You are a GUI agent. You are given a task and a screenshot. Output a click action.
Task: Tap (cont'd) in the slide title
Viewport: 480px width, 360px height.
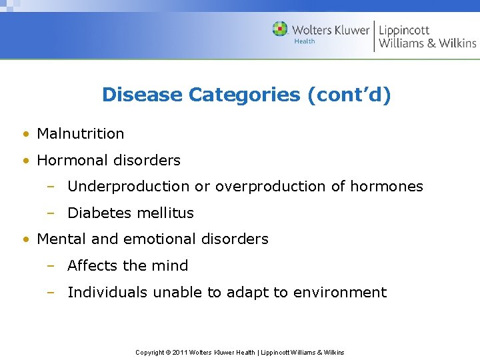click(x=349, y=95)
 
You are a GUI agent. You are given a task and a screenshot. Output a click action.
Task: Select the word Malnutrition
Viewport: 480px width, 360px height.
click(x=81, y=133)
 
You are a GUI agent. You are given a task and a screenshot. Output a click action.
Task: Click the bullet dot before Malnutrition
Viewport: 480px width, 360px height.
click(x=25, y=134)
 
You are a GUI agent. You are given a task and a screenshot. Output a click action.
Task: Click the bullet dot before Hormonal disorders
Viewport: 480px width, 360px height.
click(x=25, y=161)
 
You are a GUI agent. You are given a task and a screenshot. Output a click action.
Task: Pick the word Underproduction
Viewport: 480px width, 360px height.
click(x=129, y=187)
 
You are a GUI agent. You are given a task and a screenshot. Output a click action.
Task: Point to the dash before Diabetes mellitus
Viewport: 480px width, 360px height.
click(x=50, y=213)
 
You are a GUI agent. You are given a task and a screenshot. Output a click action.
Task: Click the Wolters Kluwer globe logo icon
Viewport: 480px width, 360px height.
click(x=280, y=29)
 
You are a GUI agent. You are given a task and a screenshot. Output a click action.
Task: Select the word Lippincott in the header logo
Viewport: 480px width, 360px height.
click(x=404, y=30)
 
